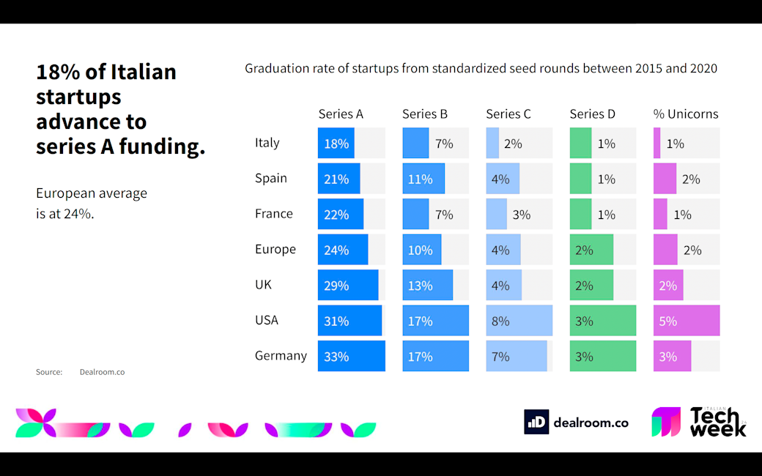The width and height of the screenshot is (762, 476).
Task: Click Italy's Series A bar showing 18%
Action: (336, 144)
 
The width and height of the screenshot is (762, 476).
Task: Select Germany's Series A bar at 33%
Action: (352, 356)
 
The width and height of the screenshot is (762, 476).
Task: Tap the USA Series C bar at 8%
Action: (519, 321)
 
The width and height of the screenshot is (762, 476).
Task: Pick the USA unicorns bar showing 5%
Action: (687, 321)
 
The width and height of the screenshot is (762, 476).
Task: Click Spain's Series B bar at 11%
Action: (423, 179)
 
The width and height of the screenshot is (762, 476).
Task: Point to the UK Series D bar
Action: (591, 285)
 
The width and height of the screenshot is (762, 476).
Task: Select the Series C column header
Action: (508, 114)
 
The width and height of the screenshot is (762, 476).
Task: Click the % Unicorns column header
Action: (686, 114)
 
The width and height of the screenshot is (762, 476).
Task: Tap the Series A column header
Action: (341, 114)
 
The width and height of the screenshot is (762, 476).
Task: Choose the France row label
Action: (274, 214)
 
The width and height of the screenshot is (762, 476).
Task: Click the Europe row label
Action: (275, 249)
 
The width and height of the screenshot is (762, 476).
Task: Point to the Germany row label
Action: (281, 356)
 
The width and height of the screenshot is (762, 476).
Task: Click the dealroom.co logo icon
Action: (536, 422)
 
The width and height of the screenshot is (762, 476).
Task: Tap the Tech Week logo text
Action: (717, 423)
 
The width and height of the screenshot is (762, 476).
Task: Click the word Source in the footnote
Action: (49, 372)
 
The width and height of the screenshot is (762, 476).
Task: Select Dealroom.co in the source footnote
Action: (102, 372)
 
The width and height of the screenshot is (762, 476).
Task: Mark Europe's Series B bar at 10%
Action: (422, 250)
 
